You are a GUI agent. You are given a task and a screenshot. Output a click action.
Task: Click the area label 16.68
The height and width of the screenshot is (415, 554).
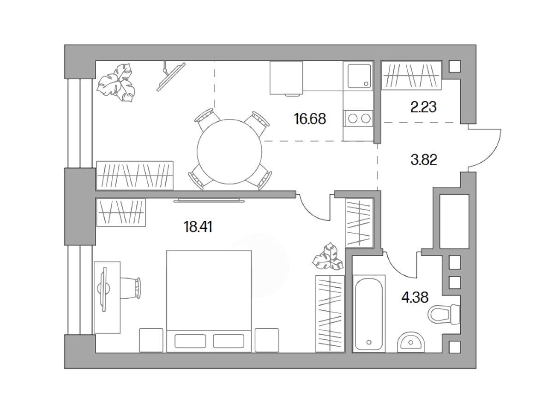pos(310,119)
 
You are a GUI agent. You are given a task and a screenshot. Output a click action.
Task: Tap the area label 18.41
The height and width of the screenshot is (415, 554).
pos(198,227)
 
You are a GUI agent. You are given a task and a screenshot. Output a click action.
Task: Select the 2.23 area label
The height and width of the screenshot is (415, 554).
pos(423,107)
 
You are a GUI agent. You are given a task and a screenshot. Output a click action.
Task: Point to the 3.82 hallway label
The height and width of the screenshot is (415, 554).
pos(424,160)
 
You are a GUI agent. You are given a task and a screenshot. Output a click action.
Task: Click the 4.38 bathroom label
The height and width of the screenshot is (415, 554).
pos(415,297)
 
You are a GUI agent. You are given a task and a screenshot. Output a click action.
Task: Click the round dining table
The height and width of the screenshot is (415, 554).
pos(229,151)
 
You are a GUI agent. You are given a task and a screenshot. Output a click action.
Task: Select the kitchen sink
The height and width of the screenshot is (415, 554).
pos(359,76)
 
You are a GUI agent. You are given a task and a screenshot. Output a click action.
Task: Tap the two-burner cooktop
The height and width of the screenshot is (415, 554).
pos(359,119)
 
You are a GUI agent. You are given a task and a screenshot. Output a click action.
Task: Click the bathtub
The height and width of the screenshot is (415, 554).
pos(369,313)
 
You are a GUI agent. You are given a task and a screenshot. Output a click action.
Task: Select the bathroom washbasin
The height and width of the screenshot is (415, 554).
pos(411,342)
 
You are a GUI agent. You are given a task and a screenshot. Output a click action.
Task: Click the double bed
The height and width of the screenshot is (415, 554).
pos(209,301)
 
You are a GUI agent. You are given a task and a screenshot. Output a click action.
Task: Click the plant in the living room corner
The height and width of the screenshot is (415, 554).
pos(116,83)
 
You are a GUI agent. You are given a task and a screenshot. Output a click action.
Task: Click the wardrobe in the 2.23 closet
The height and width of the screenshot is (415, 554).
pos(411,75)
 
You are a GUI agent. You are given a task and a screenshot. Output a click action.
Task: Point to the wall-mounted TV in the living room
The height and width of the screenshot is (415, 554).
pos(171,77)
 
